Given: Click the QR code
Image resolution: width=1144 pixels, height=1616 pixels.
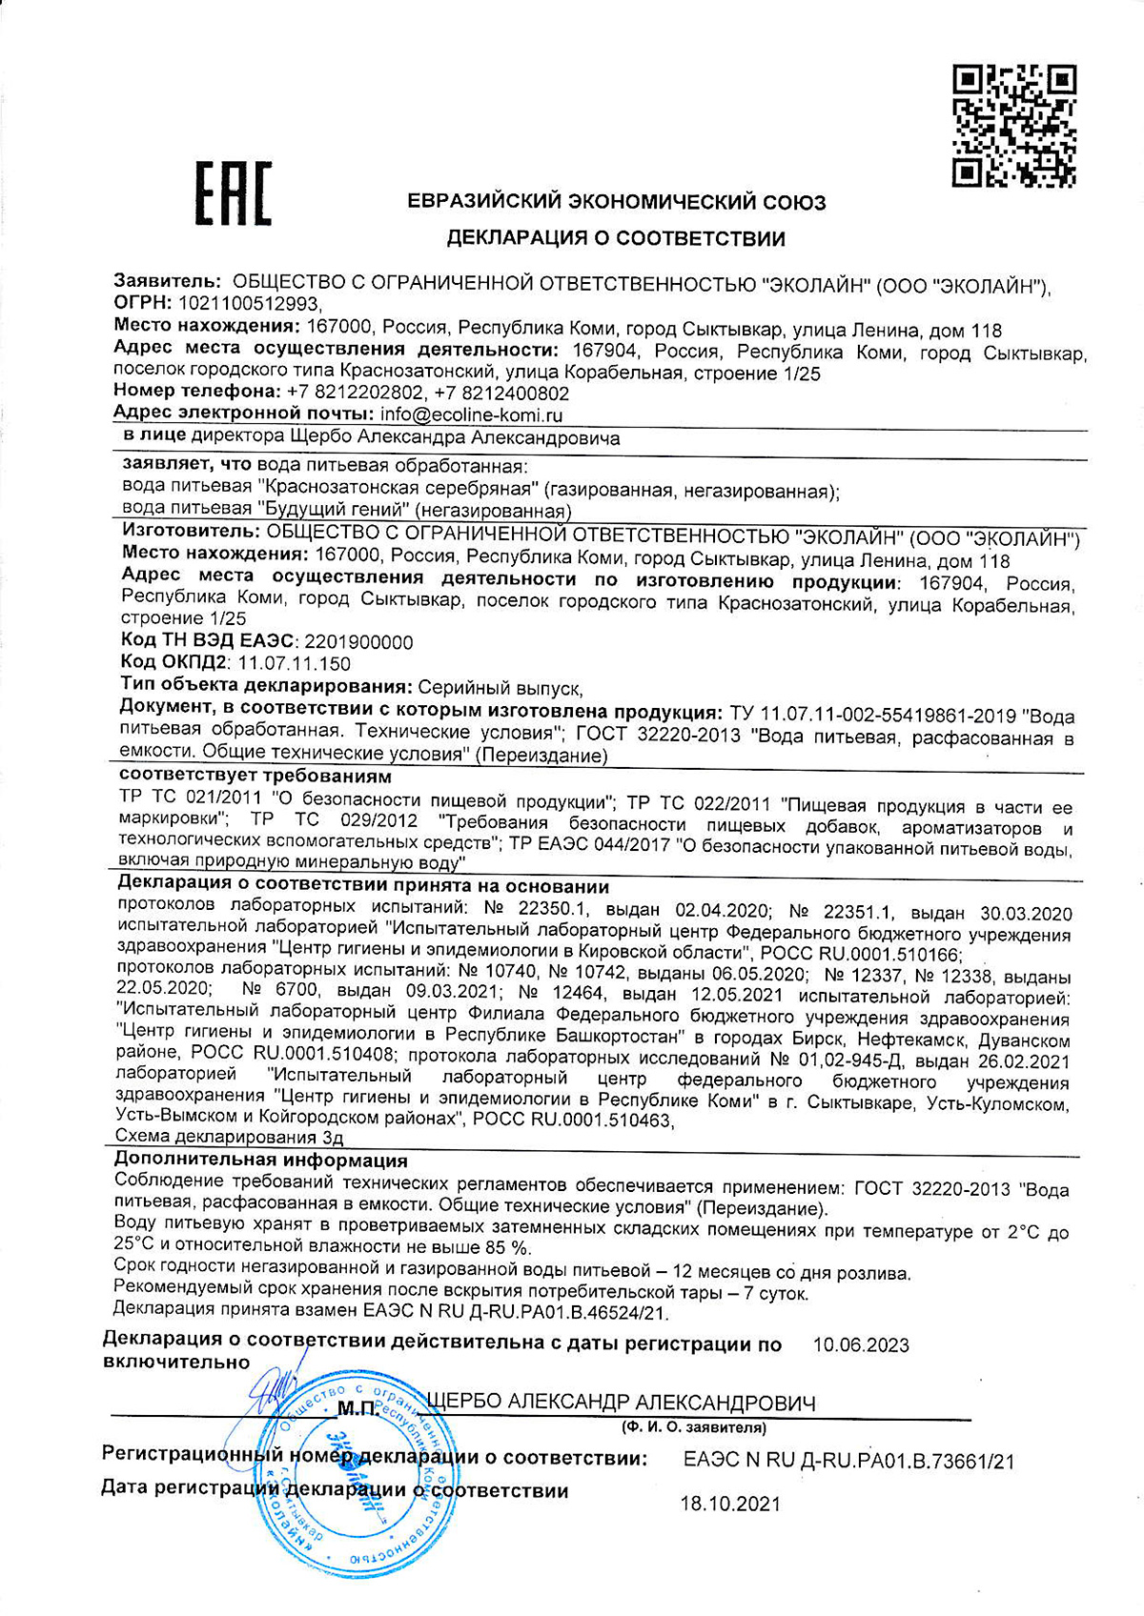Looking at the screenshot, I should click(x=1014, y=125).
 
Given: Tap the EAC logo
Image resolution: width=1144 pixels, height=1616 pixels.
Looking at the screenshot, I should click(x=233, y=193).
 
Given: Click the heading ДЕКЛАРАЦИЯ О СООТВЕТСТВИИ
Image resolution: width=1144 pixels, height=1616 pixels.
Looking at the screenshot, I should click(x=616, y=238).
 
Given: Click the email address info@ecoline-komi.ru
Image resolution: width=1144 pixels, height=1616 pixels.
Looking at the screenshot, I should click(x=471, y=414).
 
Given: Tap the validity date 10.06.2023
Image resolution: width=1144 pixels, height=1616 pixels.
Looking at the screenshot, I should click(x=860, y=1345).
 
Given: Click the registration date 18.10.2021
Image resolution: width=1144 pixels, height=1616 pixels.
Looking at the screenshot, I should click(x=729, y=1505).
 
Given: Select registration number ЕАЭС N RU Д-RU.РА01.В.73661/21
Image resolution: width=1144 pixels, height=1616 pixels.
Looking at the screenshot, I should click(x=848, y=1460).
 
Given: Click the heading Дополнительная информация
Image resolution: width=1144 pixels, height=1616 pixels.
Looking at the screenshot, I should click(x=261, y=1161).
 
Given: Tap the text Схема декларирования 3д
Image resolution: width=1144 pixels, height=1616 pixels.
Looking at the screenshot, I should click(x=229, y=1137).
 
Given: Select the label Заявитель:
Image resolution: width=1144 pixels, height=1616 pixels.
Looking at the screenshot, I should click(x=168, y=282).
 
